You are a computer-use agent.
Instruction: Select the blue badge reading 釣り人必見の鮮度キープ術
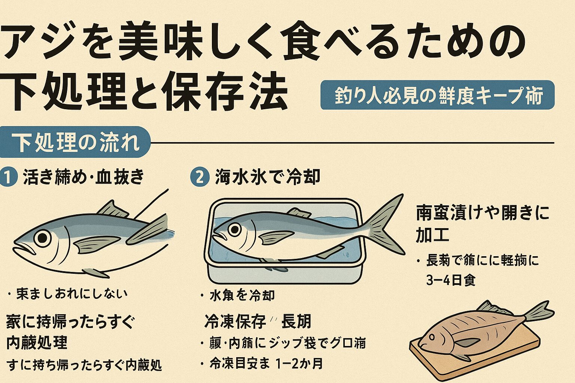(x=437, y=95)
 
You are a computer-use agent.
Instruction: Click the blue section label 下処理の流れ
(x=75, y=143)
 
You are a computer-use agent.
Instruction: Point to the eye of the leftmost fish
(x=42, y=237)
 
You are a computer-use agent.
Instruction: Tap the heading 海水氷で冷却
(x=267, y=177)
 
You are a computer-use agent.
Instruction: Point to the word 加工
(x=432, y=235)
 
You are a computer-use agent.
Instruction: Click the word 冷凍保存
(x=235, y=321)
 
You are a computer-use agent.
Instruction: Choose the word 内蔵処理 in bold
(x=37, y=342)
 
